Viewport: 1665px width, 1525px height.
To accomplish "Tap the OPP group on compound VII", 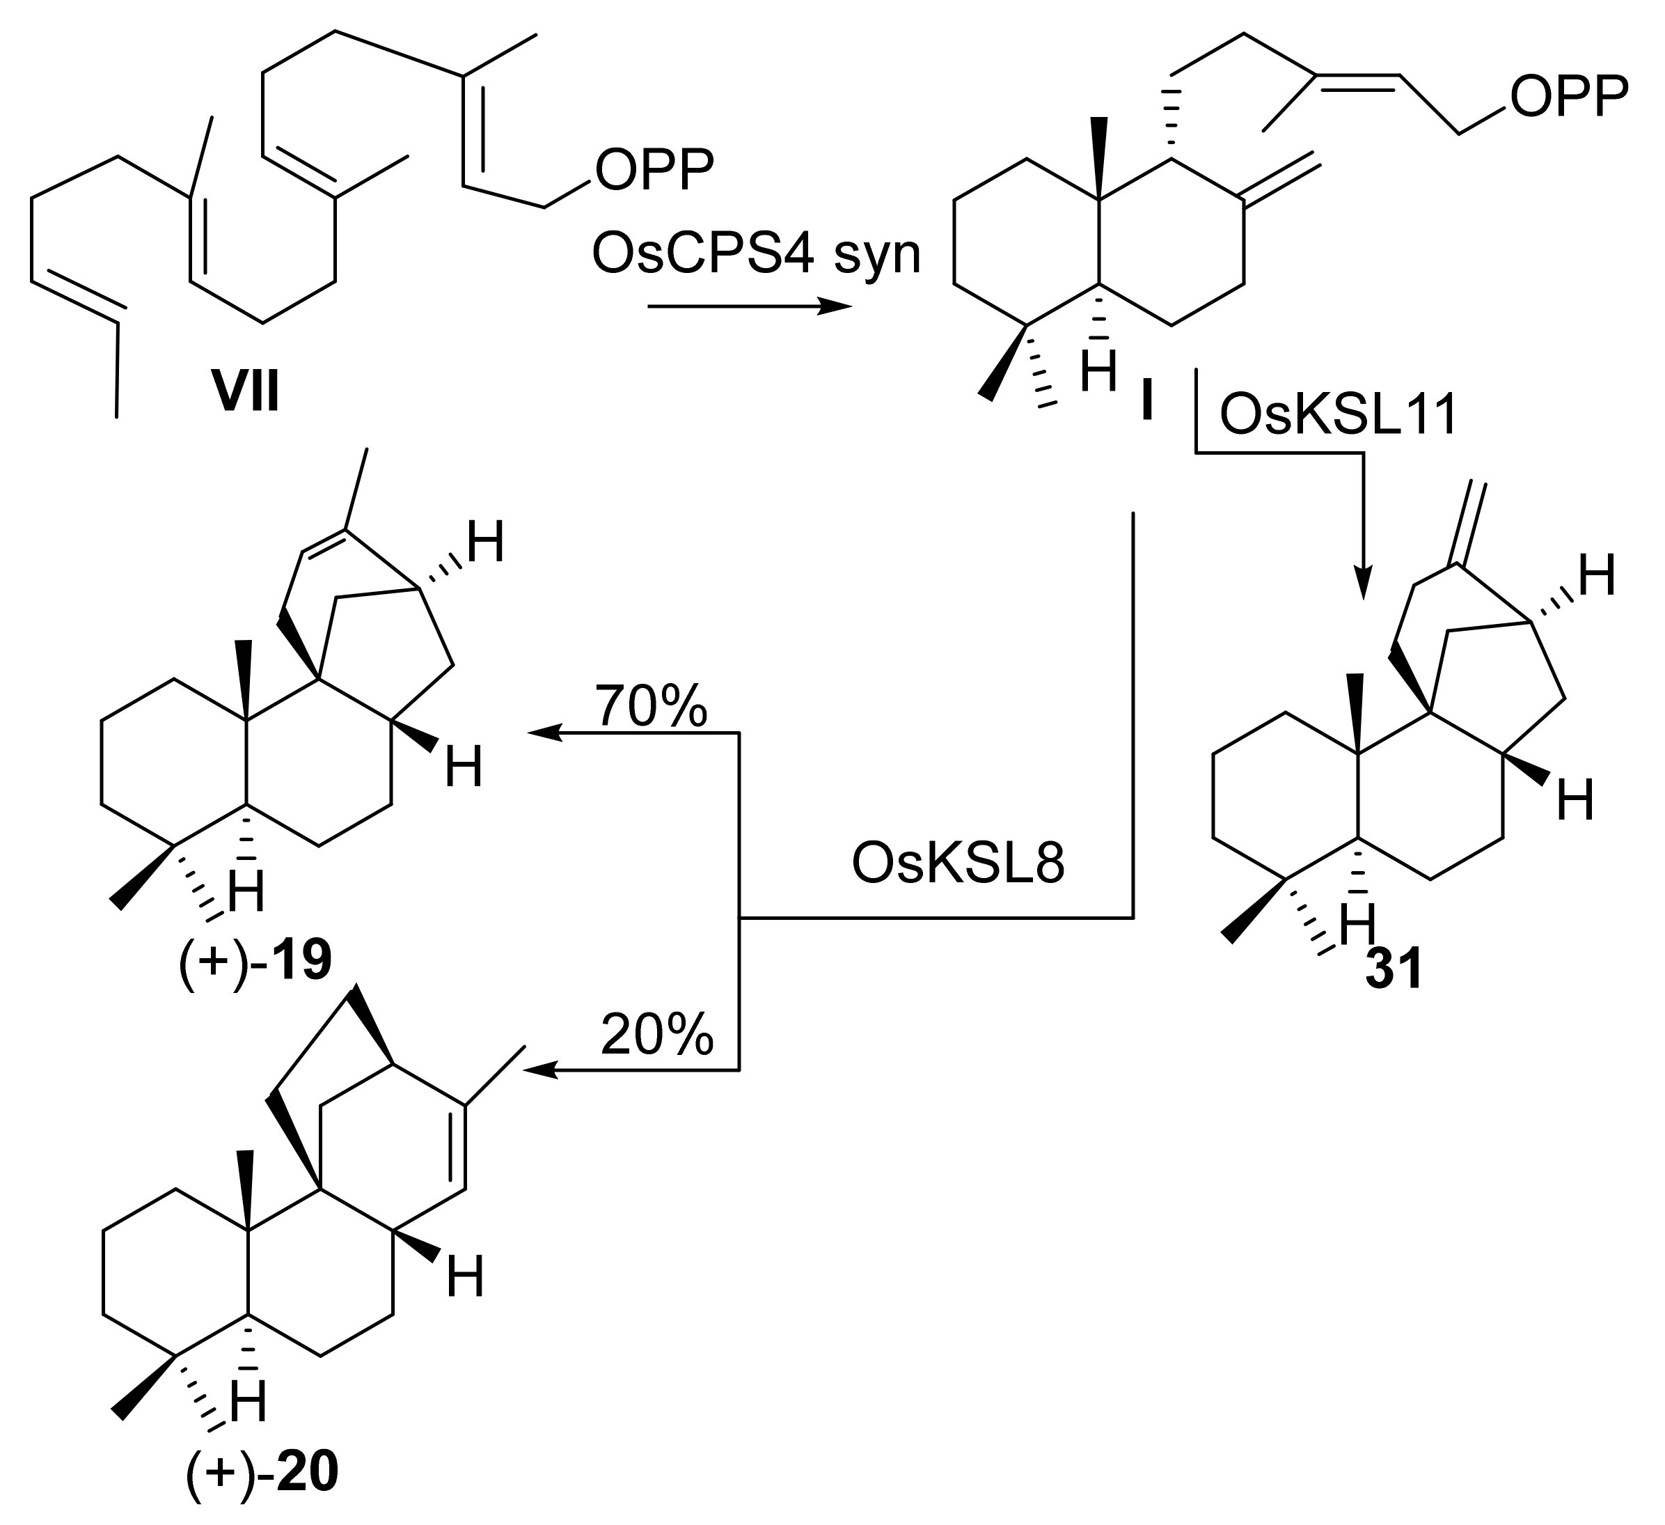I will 655,170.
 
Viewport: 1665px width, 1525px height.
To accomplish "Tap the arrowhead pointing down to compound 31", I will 1363,582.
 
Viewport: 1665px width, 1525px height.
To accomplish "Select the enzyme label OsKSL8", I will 958,864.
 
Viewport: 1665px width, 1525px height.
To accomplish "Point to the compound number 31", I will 1394,971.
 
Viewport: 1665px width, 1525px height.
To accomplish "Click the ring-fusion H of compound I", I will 1099,373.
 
